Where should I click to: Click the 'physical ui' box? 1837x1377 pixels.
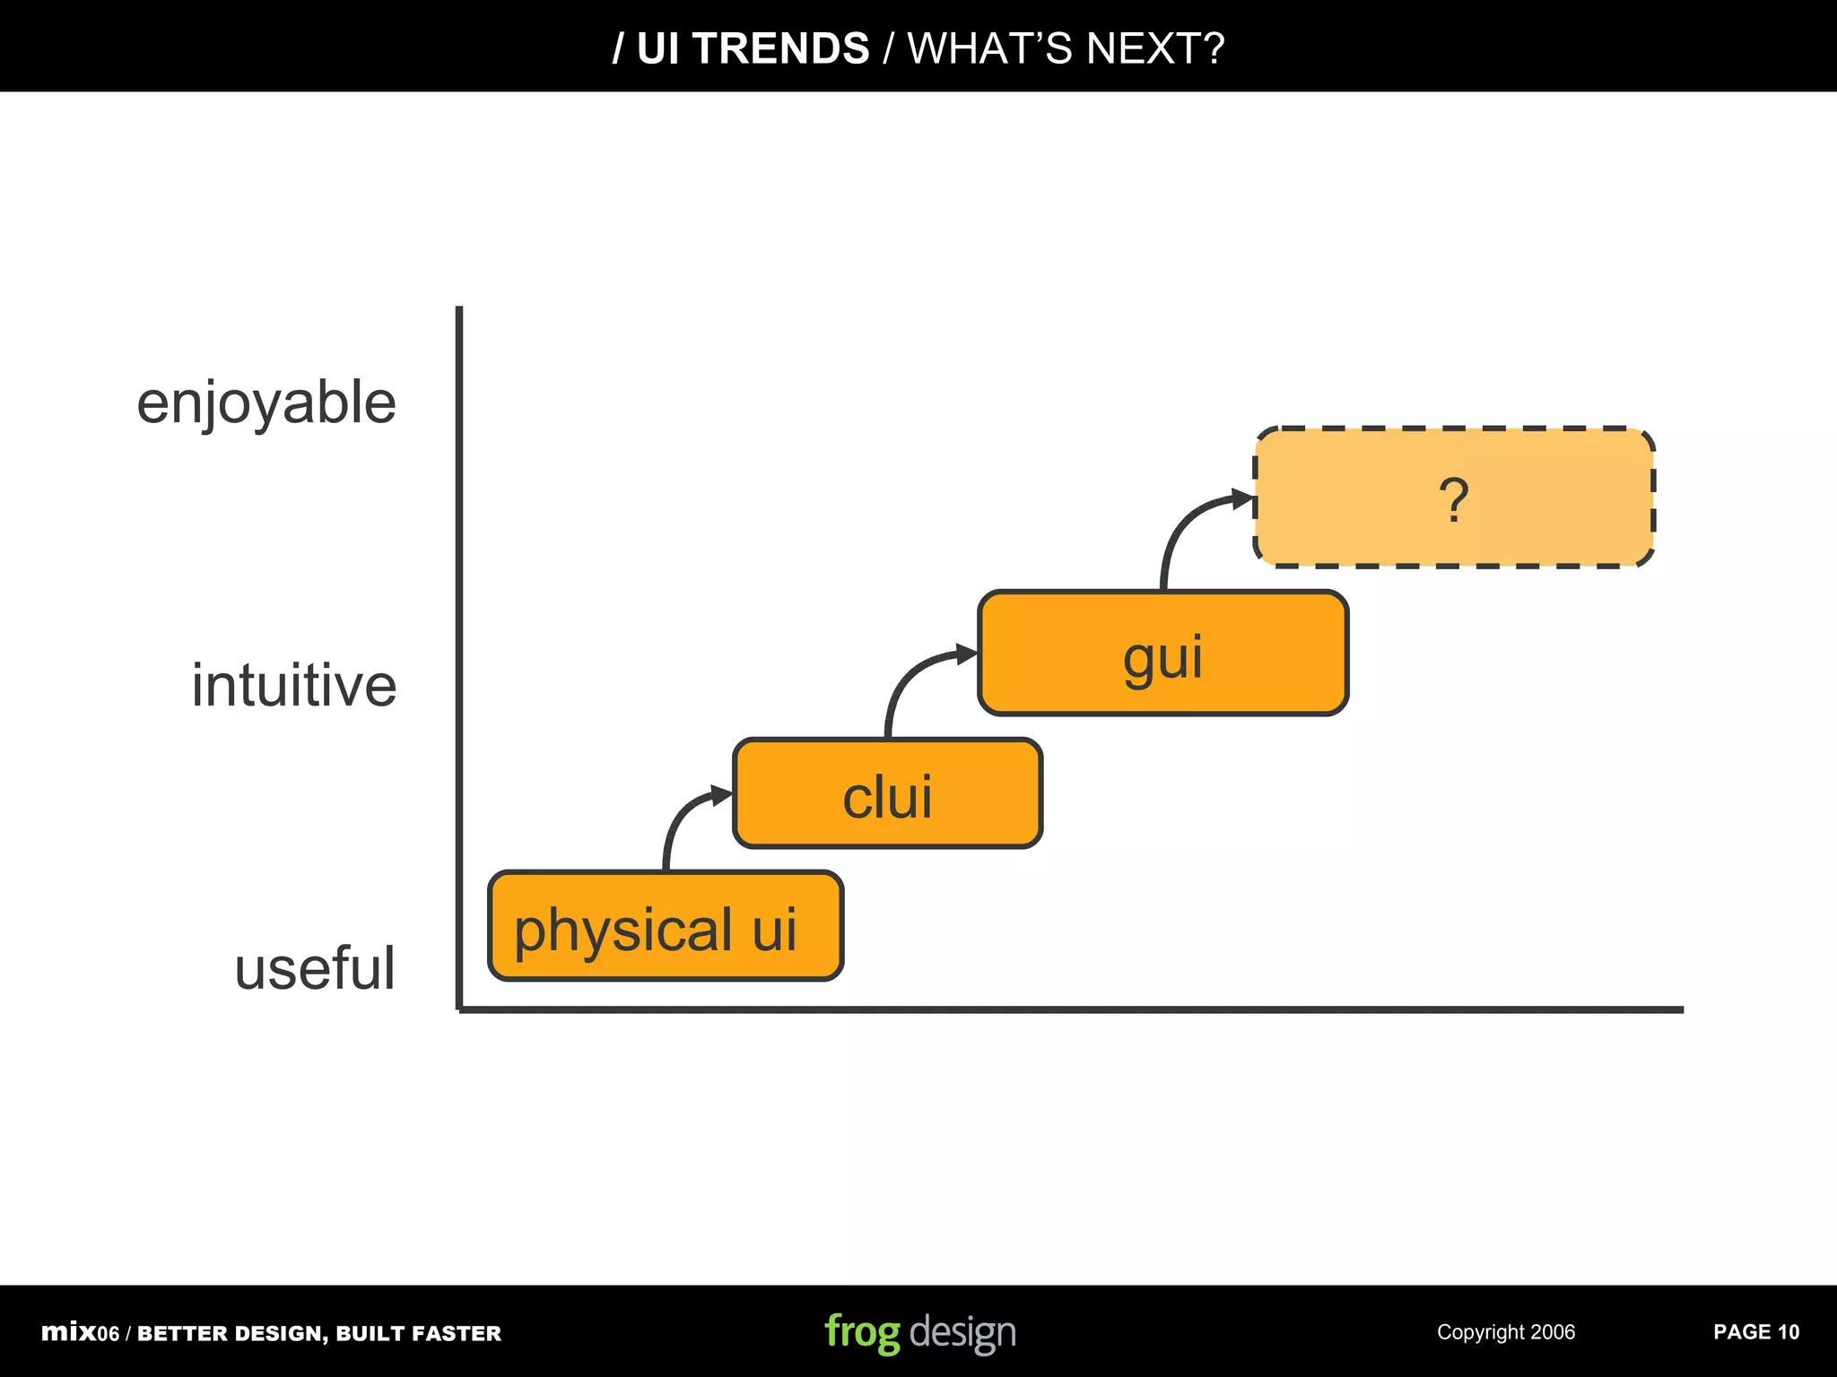(665, 925)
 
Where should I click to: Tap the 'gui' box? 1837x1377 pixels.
(1162, 654)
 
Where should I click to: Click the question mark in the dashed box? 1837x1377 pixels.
(1454, 499)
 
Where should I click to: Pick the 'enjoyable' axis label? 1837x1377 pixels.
(266, 403)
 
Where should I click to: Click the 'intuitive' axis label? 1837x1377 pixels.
(293, 686)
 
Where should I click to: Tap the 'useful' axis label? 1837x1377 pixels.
(314, 969)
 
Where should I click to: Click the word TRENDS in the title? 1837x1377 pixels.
(780, 48)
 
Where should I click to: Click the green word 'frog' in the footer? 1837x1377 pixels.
(861, 1333)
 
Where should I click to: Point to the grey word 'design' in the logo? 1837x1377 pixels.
(962, 1333)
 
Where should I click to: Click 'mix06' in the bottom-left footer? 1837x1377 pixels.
(80, 1333)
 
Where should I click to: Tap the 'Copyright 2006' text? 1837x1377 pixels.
(1505, 1332)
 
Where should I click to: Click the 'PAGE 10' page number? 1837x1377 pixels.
(1755, 1332)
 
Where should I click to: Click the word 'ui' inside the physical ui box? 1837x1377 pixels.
(774, 930)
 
